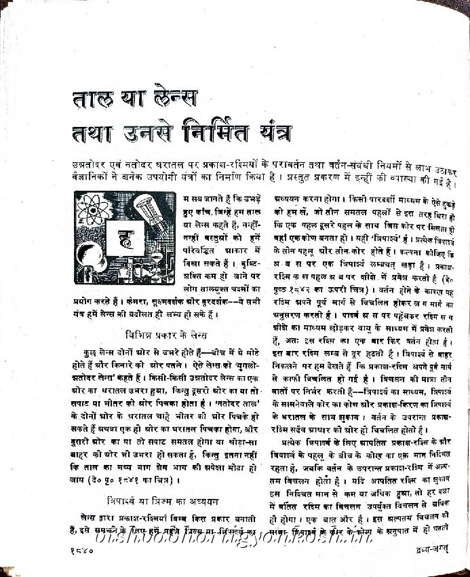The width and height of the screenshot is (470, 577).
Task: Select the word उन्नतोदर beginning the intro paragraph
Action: tap(96, 164)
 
